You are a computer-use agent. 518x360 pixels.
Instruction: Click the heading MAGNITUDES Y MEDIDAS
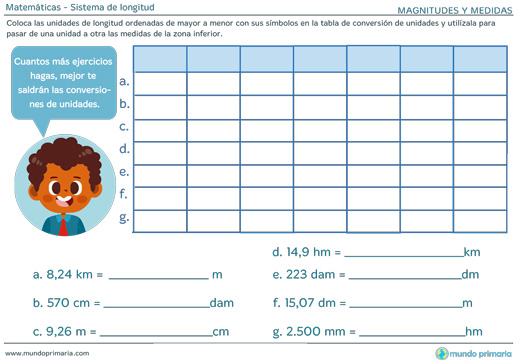[448, 9]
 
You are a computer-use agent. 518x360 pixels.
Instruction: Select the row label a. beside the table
[124, 81]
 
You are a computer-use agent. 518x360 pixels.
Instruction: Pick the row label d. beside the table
[124, 148]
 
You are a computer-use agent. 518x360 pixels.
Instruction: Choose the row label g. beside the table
[124, 216]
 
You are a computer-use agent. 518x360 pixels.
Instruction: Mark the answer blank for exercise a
[157, 276]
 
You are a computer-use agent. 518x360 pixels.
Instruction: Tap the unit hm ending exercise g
[473, 331]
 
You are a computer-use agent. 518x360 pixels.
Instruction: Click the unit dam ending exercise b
[222, 302]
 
